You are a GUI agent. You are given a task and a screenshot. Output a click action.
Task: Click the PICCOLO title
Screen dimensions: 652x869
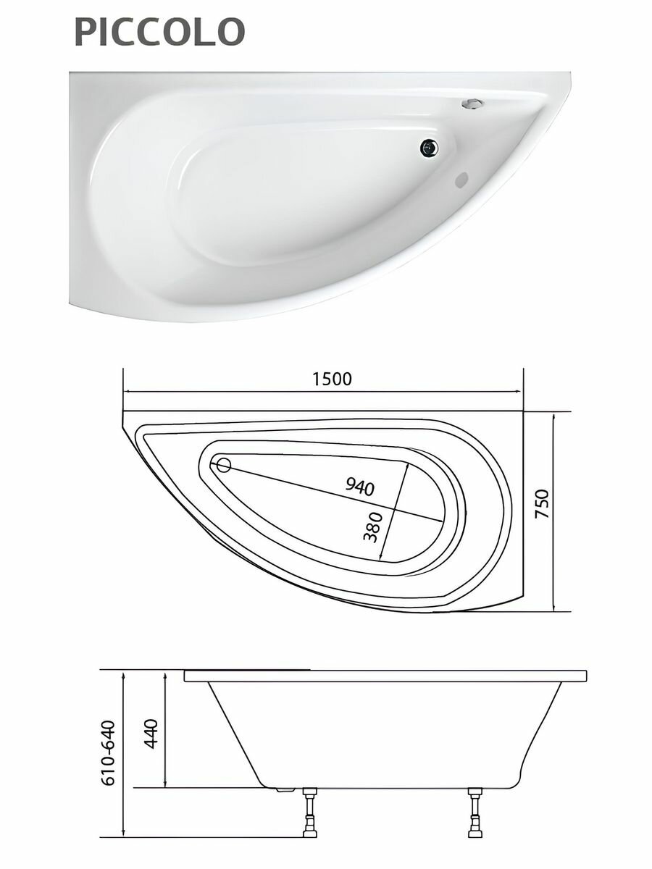[x=159, y=32]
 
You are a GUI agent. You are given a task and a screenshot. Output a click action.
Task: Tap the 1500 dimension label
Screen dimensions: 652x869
[x=332, y=379]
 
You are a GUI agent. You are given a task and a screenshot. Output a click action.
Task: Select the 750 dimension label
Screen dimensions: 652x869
[x=542, y=503]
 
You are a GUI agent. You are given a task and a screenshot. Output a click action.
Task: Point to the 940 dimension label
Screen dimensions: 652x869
[x=359, y=487]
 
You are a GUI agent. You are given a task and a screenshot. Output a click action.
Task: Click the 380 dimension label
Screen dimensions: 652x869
[x=373, y=527]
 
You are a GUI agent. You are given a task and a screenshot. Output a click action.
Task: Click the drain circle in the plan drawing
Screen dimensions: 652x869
[x=224, y=466]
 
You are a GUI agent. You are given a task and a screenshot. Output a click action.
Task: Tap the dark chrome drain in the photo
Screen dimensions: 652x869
[x=429, y=147]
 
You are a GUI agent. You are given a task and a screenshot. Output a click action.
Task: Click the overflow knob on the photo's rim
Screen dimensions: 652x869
[x=472, y=103]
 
